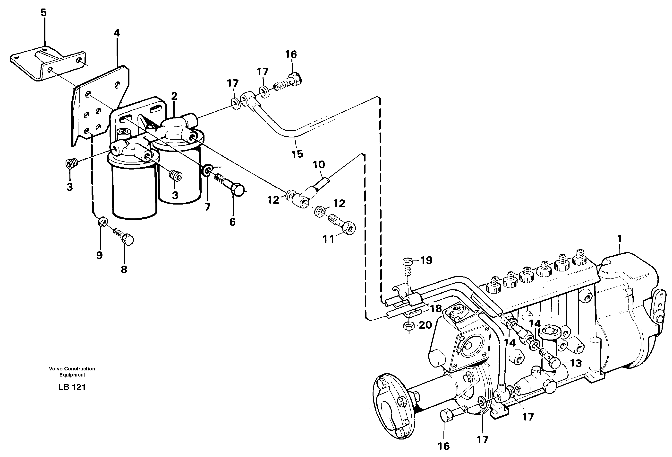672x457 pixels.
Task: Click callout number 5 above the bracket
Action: click(43, 12)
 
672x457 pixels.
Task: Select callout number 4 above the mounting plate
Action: click(117, 33)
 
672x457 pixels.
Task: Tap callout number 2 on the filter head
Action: click(174, 96)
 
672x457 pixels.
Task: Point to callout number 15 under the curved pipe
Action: click(297, 154)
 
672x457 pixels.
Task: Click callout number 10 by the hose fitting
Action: click(319, 165)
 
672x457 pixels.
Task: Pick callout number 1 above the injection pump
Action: click(619, 239)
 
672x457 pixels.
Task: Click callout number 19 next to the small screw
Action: click(426, 260)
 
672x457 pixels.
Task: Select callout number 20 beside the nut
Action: click(425, 325)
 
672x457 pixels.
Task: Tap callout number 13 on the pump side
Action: click(575, 363)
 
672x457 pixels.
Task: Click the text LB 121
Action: click(72, 387)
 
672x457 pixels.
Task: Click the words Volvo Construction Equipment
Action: click(72, 372)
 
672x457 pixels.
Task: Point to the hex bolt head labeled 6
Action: click(238, 190)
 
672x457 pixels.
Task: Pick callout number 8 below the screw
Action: click(124, 270)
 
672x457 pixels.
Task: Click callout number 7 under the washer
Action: click(208, 207)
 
